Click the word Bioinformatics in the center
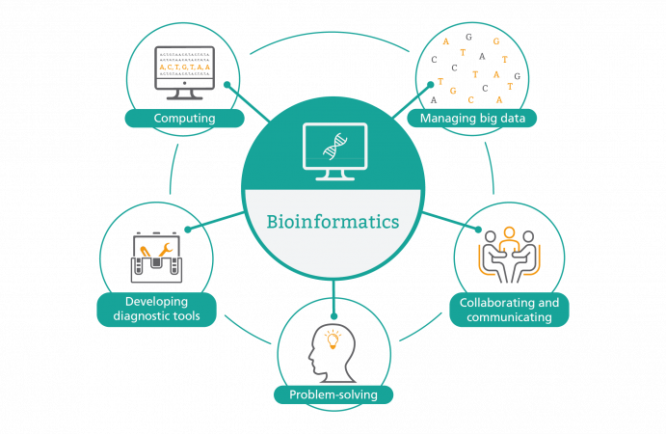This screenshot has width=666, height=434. [x=333, y=223]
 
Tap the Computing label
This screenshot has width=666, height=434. [x=184, y=119]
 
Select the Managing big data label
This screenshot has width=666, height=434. [x=472, y=119]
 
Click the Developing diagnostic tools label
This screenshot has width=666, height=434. [x=156, y=311]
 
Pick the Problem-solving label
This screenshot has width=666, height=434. [x=333, y=394]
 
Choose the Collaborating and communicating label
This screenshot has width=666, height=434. [x=509, y=311]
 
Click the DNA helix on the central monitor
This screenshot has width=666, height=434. [x=333, y=148]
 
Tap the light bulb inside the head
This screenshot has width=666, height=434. [x=333, y=339]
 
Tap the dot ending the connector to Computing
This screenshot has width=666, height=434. [x=226, y=85]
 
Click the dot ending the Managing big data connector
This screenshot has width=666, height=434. [x=431, y=85]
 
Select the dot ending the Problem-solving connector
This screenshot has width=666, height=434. [x=333, y=312]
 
